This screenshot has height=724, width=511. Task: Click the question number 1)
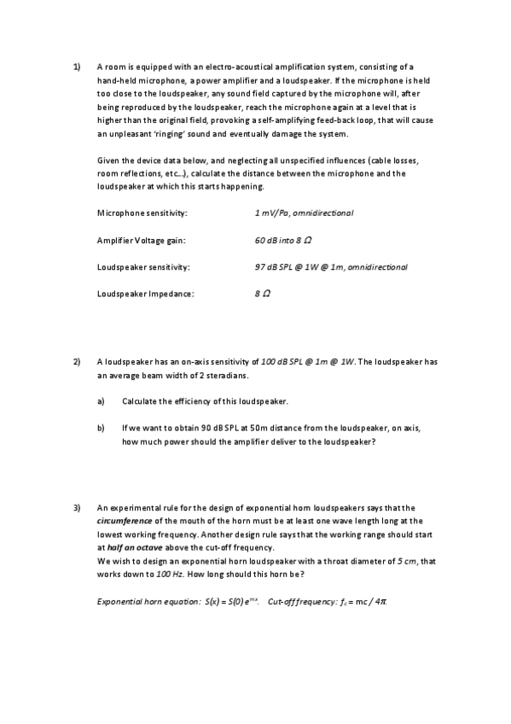pyautogui.click(x=76, y=66)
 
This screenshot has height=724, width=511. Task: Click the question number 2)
pyautogui.click(x=76, y=362)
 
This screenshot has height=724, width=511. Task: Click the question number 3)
pyautogui.click(x=76, y=506)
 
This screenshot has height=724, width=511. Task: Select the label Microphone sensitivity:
pyautogui.click(x=142, y=212)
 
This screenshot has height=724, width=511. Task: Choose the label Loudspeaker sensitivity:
pyautogui.click(x=143, y=267)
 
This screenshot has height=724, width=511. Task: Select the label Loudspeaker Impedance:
pyautogui.click(x=146, y=295)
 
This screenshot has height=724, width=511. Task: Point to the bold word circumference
pyautogui.click(x=125, y=520)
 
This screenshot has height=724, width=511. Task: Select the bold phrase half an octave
pyautogui.click(x=131, y=547)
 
